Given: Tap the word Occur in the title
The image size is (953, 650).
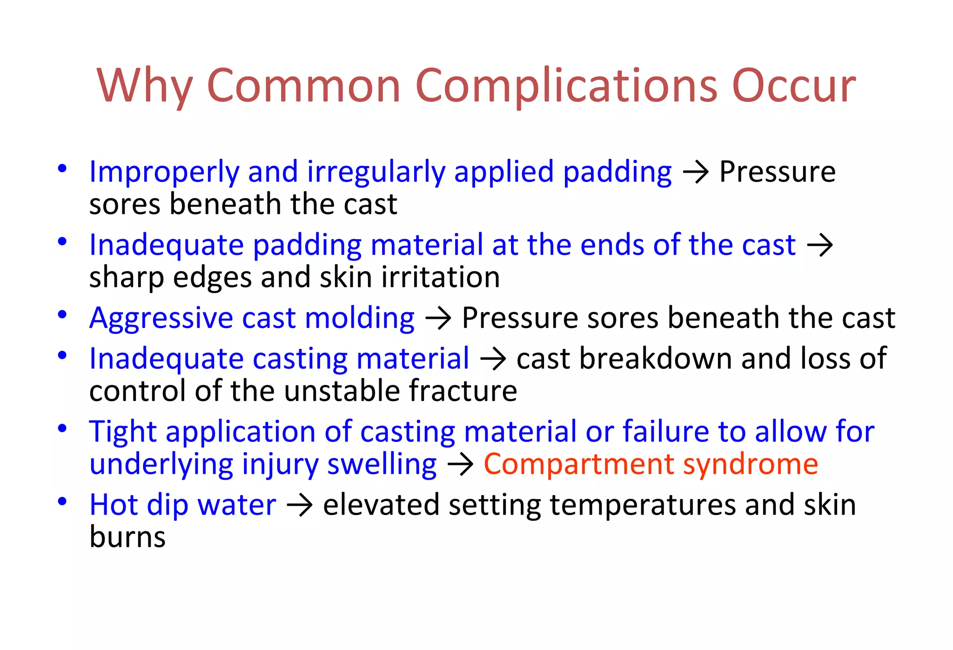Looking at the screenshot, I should point(793,87).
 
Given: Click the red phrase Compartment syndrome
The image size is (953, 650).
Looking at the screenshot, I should point(651,465).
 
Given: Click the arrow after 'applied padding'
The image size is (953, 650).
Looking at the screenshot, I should point(696,173).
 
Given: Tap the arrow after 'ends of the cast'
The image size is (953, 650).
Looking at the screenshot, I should point(819,246).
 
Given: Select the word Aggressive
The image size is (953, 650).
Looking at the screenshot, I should point(161,319).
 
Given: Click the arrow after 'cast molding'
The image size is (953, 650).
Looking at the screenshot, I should point(438,319).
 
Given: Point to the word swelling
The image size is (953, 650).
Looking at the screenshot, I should point(382,465).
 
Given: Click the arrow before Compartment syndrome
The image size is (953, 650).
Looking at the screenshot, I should point(460,465).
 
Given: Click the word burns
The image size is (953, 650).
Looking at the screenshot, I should point(128,537).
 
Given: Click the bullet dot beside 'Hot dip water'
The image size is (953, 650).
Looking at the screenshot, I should point(62,502).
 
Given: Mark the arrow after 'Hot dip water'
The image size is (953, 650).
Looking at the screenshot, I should point(299,505).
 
